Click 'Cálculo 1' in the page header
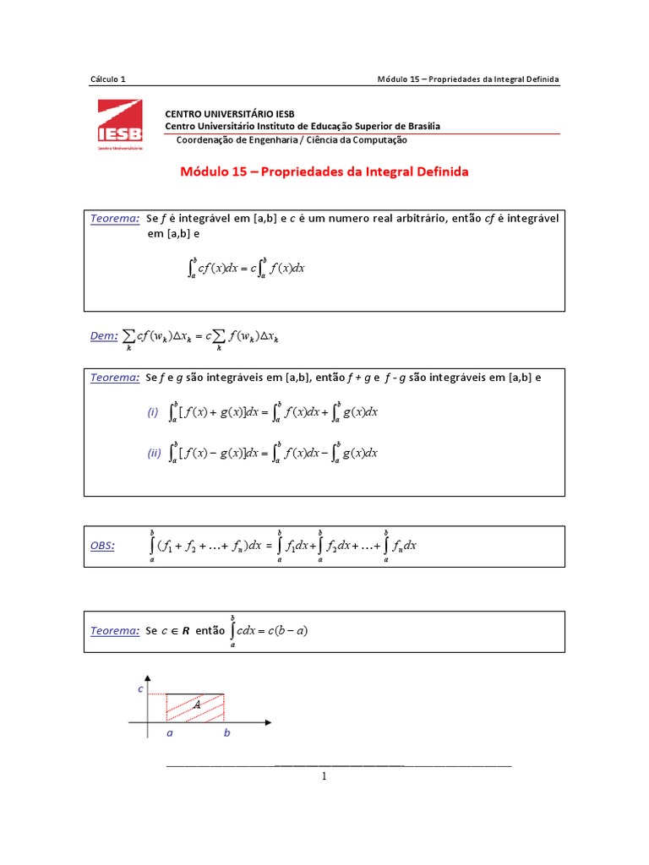coord(107,79)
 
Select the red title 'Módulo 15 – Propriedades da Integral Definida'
coord(324,171)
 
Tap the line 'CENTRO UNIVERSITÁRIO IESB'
coord(229,113)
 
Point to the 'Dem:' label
coord(104,336)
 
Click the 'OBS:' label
coord(102,546)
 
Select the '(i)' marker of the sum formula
coord(152,412)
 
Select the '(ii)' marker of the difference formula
coord(154,453)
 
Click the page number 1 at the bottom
coord(324,775)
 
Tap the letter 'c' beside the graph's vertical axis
coord(140,689)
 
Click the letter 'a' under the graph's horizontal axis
coord(169,733)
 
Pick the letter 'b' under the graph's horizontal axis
coord(226,733)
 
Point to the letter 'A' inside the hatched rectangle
coord(196,704)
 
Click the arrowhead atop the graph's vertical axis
coord(149,677)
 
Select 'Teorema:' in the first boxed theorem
coord(115,219)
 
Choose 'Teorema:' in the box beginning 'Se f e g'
coord(115,378)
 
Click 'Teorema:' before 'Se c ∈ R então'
coord(115,630)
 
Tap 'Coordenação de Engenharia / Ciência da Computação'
coord(292,140)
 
